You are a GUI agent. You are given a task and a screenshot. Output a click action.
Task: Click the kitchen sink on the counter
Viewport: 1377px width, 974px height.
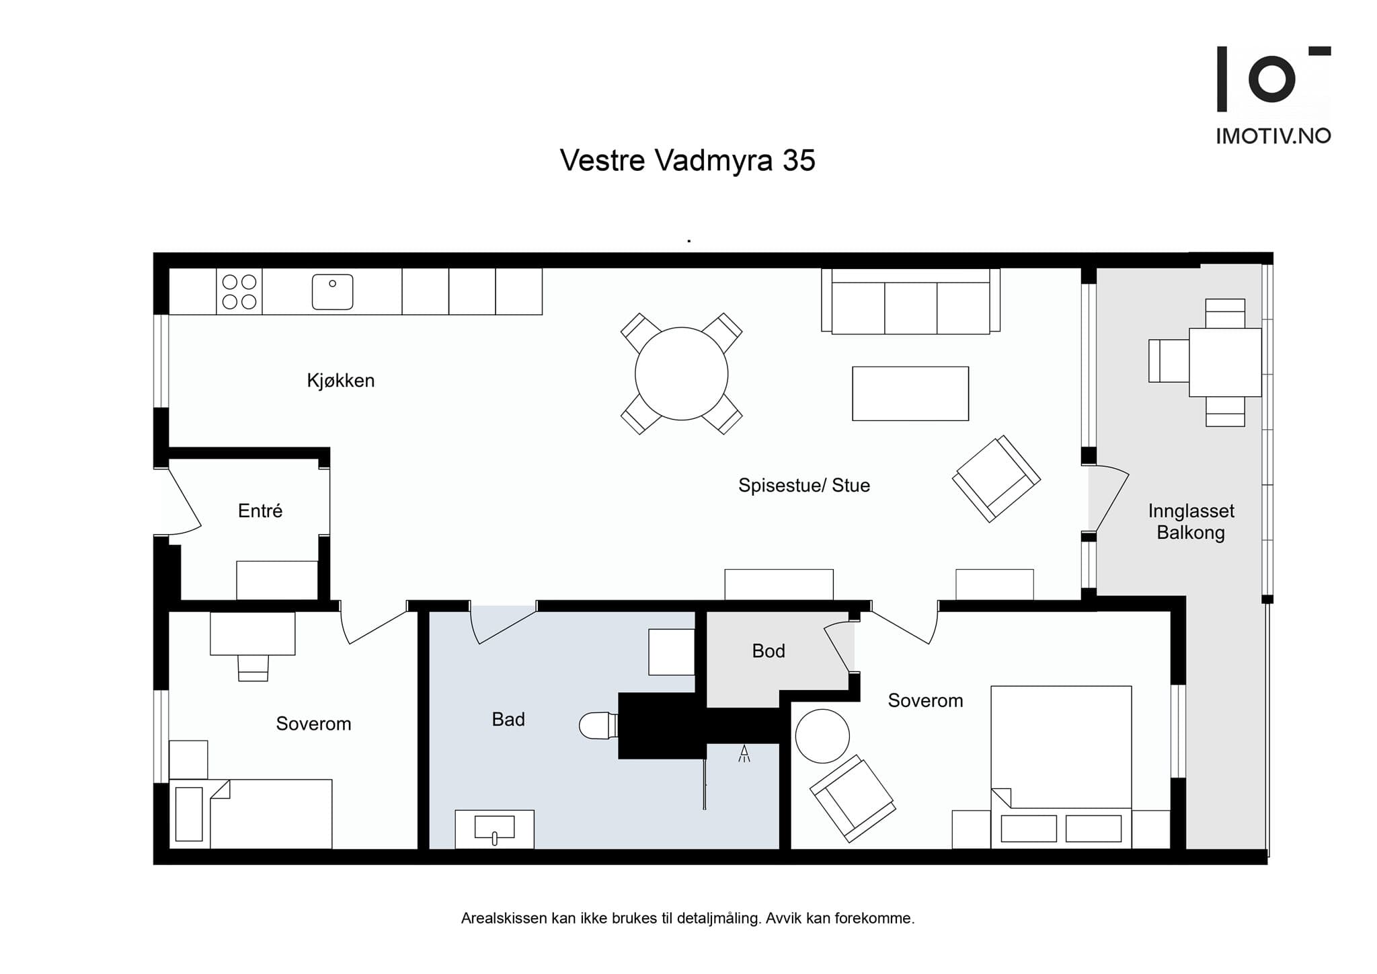(332, 292)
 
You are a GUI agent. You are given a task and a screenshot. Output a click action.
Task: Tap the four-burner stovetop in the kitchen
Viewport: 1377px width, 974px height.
(239, 291)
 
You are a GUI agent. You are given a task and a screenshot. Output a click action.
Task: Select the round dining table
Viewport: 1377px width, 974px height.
(682, 373)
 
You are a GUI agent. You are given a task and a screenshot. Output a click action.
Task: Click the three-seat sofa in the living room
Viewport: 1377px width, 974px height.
(910, 301)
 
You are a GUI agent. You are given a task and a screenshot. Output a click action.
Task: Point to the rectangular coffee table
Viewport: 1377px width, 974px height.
(910, 394)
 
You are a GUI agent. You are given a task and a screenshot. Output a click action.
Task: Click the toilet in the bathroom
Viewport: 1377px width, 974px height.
(598, 725)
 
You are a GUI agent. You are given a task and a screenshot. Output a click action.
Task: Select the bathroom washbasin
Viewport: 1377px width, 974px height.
(494, 829)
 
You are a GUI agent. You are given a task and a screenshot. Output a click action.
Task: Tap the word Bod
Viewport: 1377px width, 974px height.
(769, 651)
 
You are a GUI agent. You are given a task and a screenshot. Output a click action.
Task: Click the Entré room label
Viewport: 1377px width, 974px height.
(260, 511)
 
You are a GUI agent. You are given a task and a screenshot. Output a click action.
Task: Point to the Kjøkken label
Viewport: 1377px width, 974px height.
(341, 381)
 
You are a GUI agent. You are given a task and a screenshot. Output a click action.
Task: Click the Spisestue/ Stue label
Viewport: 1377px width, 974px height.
(804, 485)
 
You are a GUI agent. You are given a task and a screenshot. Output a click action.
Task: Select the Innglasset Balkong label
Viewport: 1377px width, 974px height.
(1191, 522)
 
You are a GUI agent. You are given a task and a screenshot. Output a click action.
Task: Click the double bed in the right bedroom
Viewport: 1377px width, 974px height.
(1061, 767)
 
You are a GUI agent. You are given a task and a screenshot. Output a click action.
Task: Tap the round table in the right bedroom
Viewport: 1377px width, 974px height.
(822, 736)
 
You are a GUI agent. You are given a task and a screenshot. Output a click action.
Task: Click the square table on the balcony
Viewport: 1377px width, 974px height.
(1225, 362)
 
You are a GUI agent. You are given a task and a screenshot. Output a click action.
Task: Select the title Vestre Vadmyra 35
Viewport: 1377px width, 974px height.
(687, 161)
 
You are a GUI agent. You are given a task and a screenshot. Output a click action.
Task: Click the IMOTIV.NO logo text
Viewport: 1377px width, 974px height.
(1273, 136)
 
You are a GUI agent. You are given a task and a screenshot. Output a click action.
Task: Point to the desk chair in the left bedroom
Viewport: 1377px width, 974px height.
(253, 667)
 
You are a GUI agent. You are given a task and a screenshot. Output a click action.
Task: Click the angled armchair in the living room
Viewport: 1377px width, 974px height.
(996, 478)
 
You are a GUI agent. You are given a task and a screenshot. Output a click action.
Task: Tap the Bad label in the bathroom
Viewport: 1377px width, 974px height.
(508, 720)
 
